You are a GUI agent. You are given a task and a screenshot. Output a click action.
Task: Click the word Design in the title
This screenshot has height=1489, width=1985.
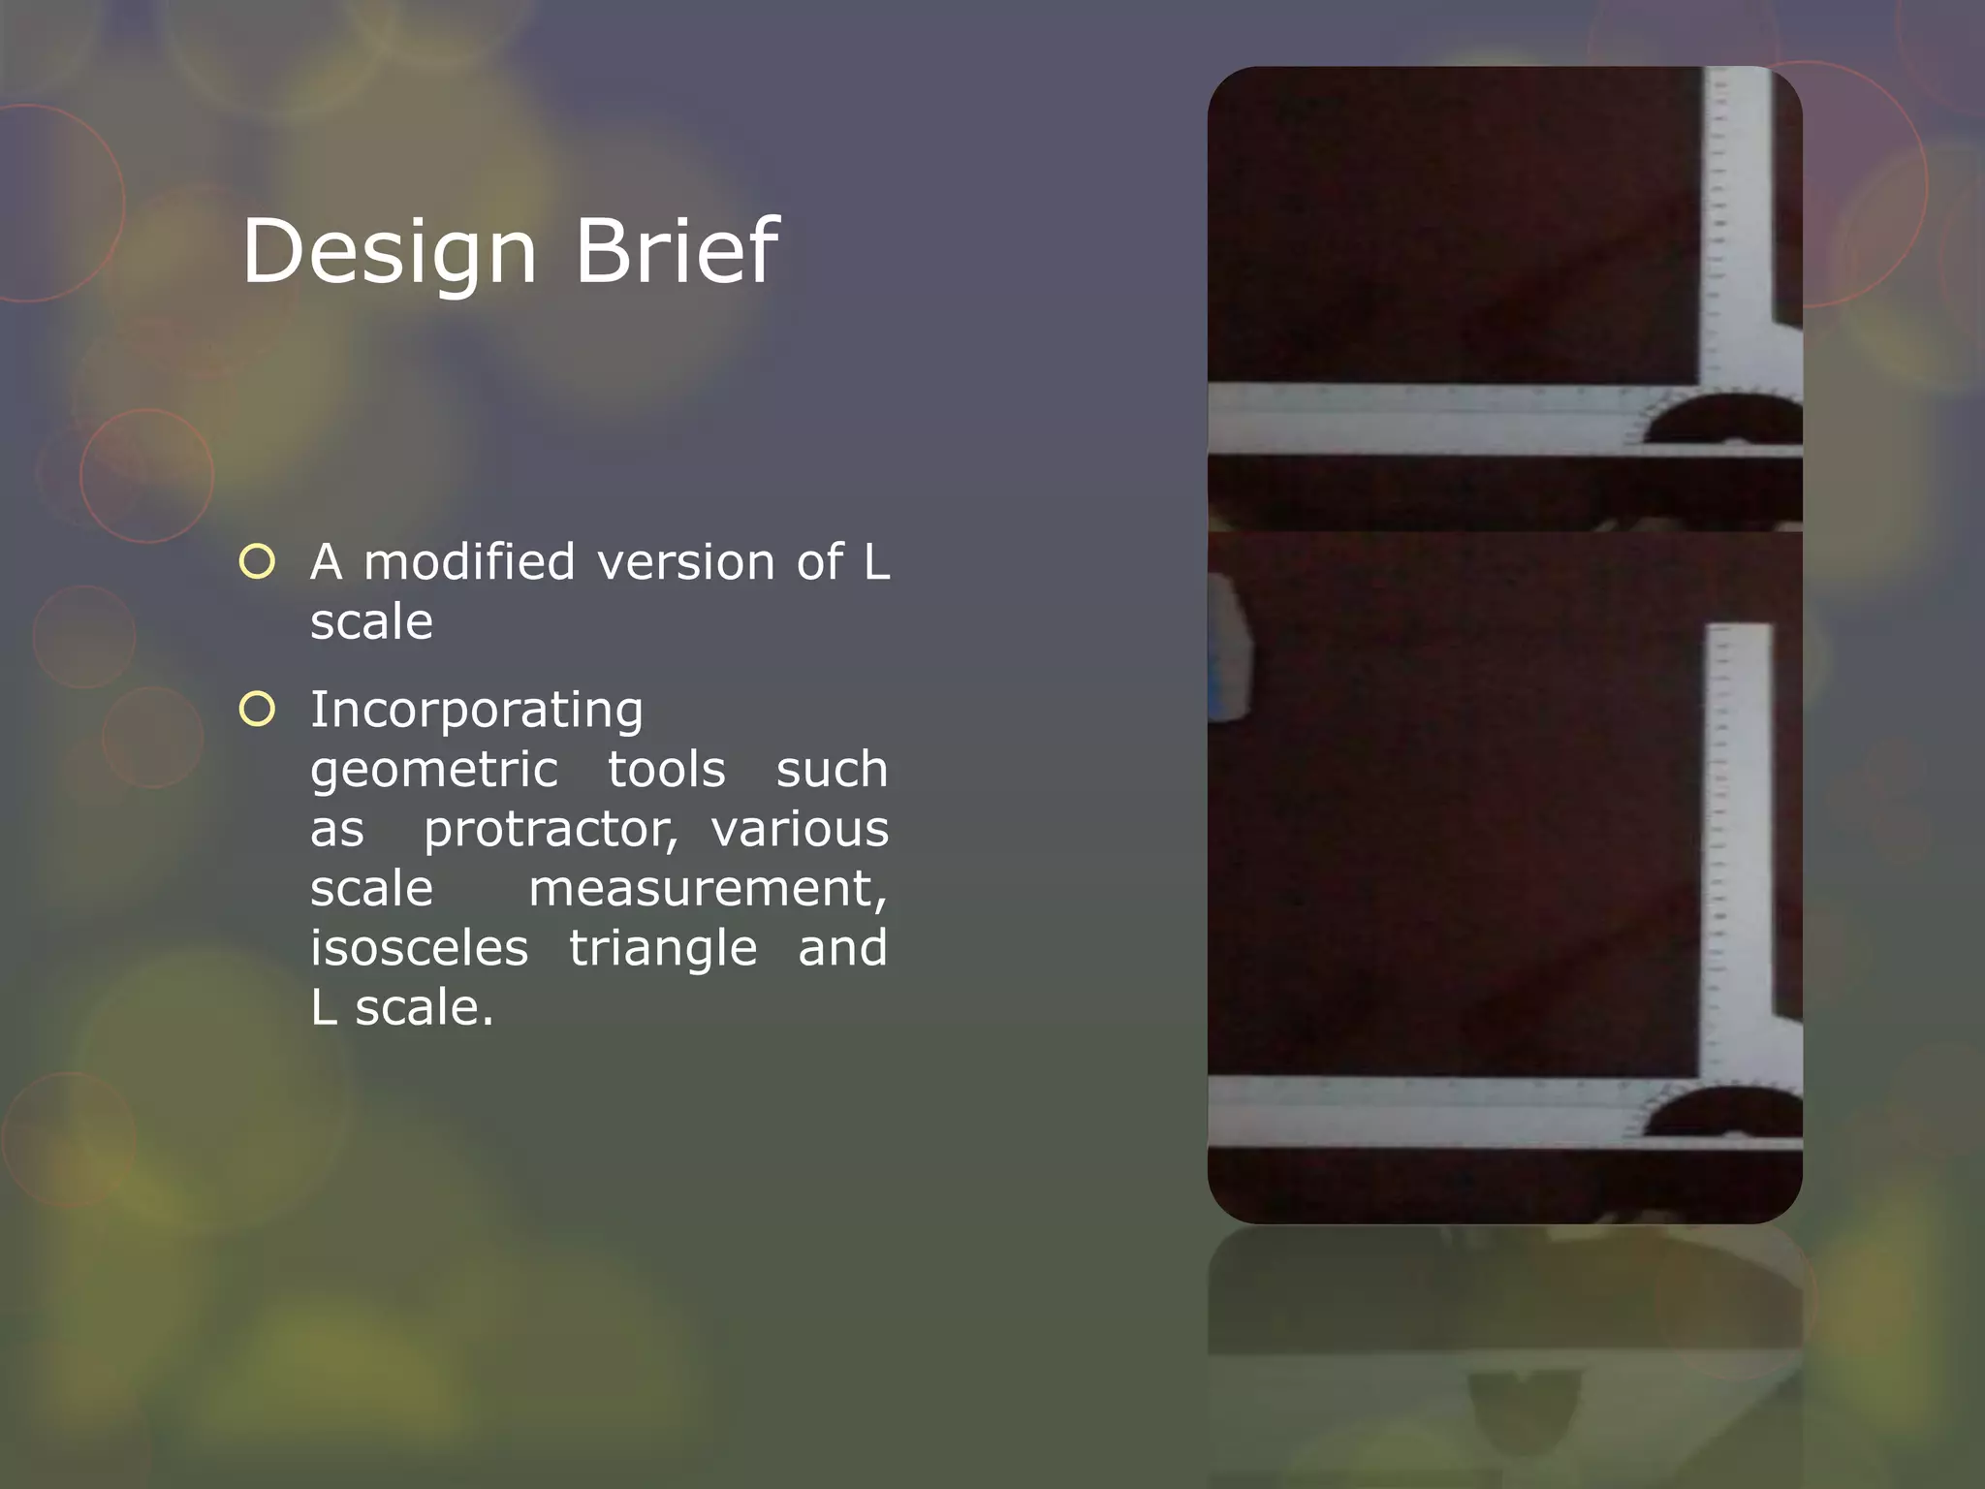[388, 252]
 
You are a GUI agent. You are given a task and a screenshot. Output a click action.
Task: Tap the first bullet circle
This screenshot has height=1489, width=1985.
[258, 561]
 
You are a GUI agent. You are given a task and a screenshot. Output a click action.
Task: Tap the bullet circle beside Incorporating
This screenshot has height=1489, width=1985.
[258, 710]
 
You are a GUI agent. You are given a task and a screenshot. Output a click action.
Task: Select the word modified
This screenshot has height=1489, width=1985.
[469, 562]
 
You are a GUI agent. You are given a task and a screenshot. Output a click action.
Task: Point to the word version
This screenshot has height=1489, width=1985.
[685, 562]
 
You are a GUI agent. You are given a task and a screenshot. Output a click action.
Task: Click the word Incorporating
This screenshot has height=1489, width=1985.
[476, 711]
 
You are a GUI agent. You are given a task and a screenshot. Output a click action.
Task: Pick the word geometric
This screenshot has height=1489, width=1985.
[433, 771]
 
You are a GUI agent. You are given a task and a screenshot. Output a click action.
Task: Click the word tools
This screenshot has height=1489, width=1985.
[666, 771]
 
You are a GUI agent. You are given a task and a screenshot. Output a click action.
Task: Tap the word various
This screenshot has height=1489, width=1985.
[799, 830]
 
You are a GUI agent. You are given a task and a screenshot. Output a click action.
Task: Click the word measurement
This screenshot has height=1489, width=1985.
[707, 889]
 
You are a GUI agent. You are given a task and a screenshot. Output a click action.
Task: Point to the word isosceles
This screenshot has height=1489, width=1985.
[419, 948]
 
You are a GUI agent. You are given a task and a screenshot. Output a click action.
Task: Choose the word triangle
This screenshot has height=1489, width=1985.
[662, 949]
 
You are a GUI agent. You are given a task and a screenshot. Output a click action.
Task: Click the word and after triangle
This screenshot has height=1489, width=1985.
[841, 948]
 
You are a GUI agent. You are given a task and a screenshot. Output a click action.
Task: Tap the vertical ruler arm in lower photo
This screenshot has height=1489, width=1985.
[1740, 843]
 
